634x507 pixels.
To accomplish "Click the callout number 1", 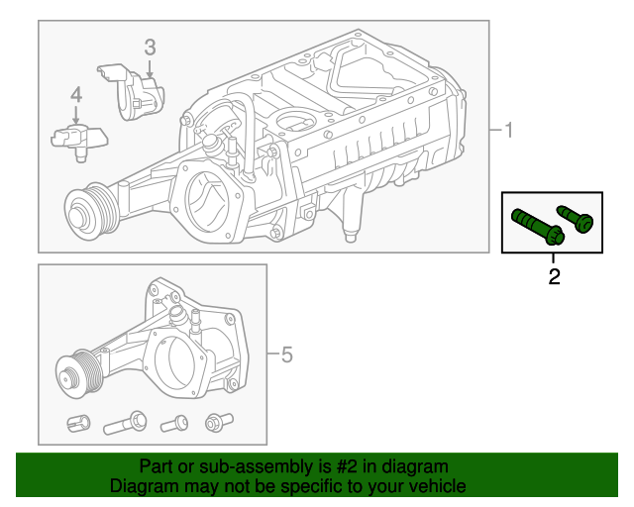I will coord(507,131).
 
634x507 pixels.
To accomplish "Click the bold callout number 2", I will coord(554,276).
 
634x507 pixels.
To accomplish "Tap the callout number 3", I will coord(150,47).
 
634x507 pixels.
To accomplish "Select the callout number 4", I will coord(75,95).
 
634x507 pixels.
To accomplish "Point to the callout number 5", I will coord(286,354).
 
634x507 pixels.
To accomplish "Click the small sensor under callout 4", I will coord(73,138).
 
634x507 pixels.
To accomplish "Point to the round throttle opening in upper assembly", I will coord(209,203).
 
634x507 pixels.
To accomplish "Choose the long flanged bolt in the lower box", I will coord(124,424).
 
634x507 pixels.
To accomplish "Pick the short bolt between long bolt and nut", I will coord(175,424).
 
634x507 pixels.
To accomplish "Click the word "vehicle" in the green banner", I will coord(429,486).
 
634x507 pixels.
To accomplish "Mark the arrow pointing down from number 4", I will coord(75,116).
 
